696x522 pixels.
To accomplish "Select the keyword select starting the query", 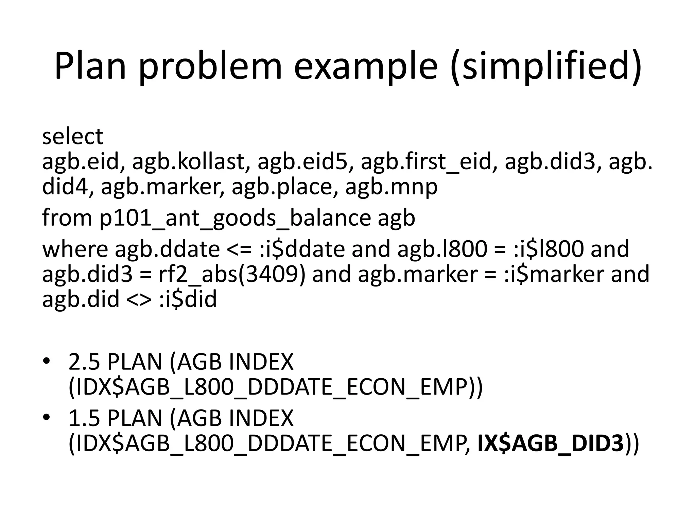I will click(x=72, y=137).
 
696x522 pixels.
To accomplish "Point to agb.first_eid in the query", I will click(x=427, y=162).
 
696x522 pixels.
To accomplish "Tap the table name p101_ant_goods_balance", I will click(x=235, y=218).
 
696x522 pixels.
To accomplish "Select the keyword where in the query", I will click(x=74, y=249).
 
